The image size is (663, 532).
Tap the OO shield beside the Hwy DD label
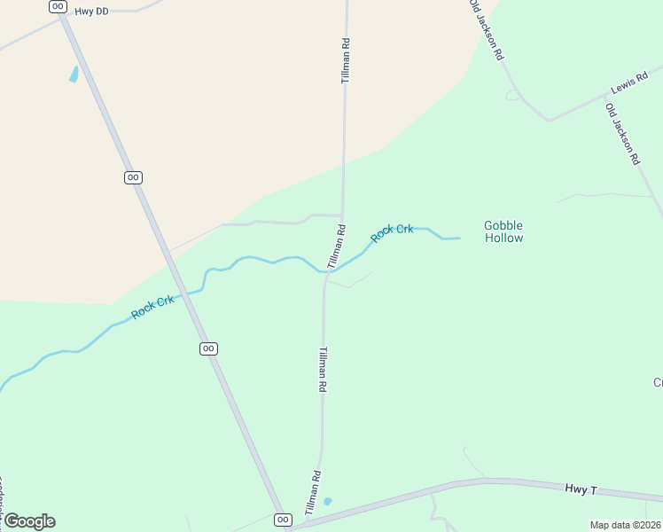point(58,6)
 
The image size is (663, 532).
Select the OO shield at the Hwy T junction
point(283,520)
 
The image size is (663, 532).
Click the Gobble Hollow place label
point(503,231)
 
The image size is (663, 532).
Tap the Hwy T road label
point(582,489)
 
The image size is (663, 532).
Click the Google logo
point(28,521)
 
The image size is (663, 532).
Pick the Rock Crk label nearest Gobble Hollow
point(392,232)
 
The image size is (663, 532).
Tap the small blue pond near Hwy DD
point(74,74)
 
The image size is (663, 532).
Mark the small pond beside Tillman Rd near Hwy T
point(328,501)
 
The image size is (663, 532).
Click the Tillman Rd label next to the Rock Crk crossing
point(336,246)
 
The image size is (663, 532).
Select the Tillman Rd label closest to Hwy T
point(312,493)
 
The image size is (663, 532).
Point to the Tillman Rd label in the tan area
point(346,61)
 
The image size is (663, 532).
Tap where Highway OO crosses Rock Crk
point(181,293)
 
